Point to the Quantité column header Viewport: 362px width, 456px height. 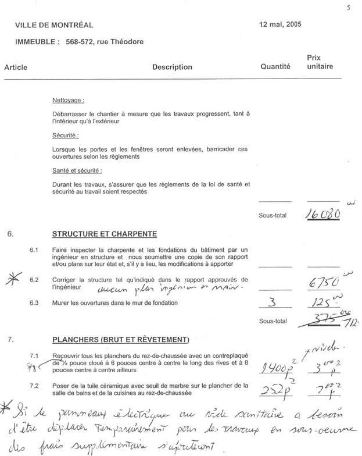tap(275, 67)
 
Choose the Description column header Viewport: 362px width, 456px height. tap(172, 67)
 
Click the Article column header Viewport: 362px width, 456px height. tap(16, 67)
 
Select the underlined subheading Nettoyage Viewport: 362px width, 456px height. tap(68, 100)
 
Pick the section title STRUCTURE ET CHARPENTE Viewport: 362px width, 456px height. tap(104, 234)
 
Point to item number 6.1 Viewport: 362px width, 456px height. tap(34, 250)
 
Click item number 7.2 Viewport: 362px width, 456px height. tap(34, 385)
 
